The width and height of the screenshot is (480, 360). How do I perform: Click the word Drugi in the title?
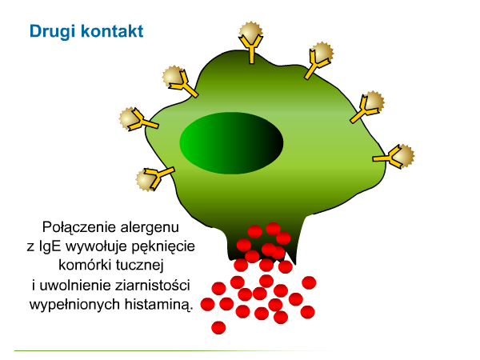[x=52, y=31]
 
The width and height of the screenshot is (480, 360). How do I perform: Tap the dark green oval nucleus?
[x=231, y=143]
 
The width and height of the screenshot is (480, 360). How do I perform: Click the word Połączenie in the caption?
[x=78, y=228]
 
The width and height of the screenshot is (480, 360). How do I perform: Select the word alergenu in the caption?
[x=150, y=228]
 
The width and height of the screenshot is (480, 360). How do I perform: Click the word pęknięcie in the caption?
[x=163, y=246]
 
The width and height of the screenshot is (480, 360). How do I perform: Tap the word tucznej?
[x=140, y=266]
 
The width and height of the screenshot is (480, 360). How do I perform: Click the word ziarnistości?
[x=153, y=286]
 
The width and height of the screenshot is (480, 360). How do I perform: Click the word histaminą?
[x=159, y=305]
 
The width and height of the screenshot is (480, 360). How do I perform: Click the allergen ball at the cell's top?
[x=250, y=31]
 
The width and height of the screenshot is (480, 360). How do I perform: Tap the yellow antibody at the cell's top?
[x=251, y=48]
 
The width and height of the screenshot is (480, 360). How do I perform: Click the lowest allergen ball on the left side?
[x=146, y=181]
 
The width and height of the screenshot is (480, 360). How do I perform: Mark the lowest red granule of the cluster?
[x=218, y=327]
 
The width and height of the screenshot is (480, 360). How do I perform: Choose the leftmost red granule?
[x=207, y=304]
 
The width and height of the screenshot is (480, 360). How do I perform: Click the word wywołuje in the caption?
[x=97, y=246]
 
